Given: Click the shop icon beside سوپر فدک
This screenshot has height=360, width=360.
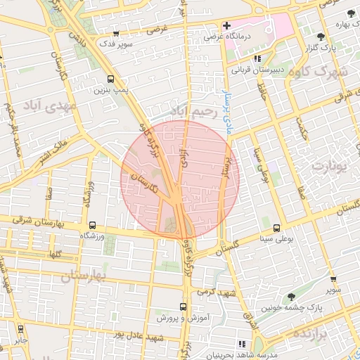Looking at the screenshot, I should [x=116, y=34].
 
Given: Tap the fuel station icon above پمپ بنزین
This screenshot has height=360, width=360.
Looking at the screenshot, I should [x=110, y=79].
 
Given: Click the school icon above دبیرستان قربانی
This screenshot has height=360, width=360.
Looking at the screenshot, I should [x=257, y=58].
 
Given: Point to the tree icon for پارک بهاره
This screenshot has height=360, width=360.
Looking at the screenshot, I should [x=350, y=14].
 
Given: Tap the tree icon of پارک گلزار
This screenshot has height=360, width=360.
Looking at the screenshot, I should [x=321, y=37].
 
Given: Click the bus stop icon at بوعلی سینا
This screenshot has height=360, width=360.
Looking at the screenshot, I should [x=276, y=227].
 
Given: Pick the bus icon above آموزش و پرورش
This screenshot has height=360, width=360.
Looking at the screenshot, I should [x=183, y=307].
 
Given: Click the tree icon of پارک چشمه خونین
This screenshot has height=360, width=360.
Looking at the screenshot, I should [x=291, y=297].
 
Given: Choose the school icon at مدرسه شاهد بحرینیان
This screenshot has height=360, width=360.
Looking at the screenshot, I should [x=243, y=344].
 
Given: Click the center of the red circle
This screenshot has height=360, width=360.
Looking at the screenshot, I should [x=180, y=179].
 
